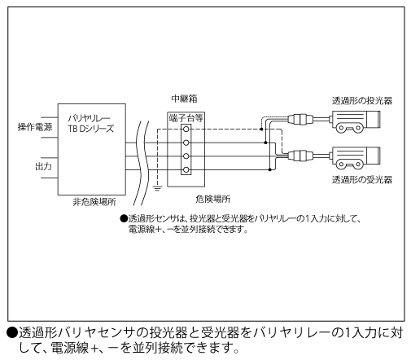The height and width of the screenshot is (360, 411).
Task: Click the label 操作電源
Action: pyautogui.click(x=35, y=127)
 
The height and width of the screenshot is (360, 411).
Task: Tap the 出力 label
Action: pyautogui.click(x=43, y=166)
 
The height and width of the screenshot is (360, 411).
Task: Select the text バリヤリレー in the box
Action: pyautogui.click(x=89, y=118)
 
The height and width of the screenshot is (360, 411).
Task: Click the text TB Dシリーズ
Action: pyautogui.click(x=91, y=129)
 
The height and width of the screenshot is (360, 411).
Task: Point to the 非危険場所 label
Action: pyautogui.click(x=94, y=202)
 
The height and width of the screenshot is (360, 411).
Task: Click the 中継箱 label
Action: pyautogui.click(x=184, y=99)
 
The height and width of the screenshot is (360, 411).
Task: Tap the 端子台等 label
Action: pyautogui.click(x=186, y=118)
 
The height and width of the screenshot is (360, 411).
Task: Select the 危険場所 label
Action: pyautogui.click(x=213, y=199)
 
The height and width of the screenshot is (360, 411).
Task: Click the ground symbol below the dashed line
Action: pyautogui.click(x=157, y=188)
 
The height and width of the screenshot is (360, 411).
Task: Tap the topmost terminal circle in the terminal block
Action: pyautogui.click(x=186, y=130)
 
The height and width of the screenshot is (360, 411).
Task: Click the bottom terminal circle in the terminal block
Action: pyautogui.click(x=186, y=170)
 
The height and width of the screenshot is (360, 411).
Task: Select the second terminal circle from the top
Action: pyautogui.click(x=186, y=143)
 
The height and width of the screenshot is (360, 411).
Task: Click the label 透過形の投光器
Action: pyautogui.click(x=362, y=101)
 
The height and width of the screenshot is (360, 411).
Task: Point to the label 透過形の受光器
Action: pyautogui.click(x=362, y=179)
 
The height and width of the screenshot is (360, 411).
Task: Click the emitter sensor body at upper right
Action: pyautogui.click(x=355, y=121)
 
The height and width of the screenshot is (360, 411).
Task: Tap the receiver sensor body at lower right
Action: pyautogui.click(x=355, y=158)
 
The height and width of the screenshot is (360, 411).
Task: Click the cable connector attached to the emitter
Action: pyautogui.click(x=300, y=119)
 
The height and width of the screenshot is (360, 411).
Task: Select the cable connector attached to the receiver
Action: pyautogui.click(x=300, y=156)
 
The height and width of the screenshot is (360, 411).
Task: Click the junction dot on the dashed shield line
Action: pyautogui.click(x=261, y=130)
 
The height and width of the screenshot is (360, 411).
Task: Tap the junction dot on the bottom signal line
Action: pyautogui.click(x=269, y=170)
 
